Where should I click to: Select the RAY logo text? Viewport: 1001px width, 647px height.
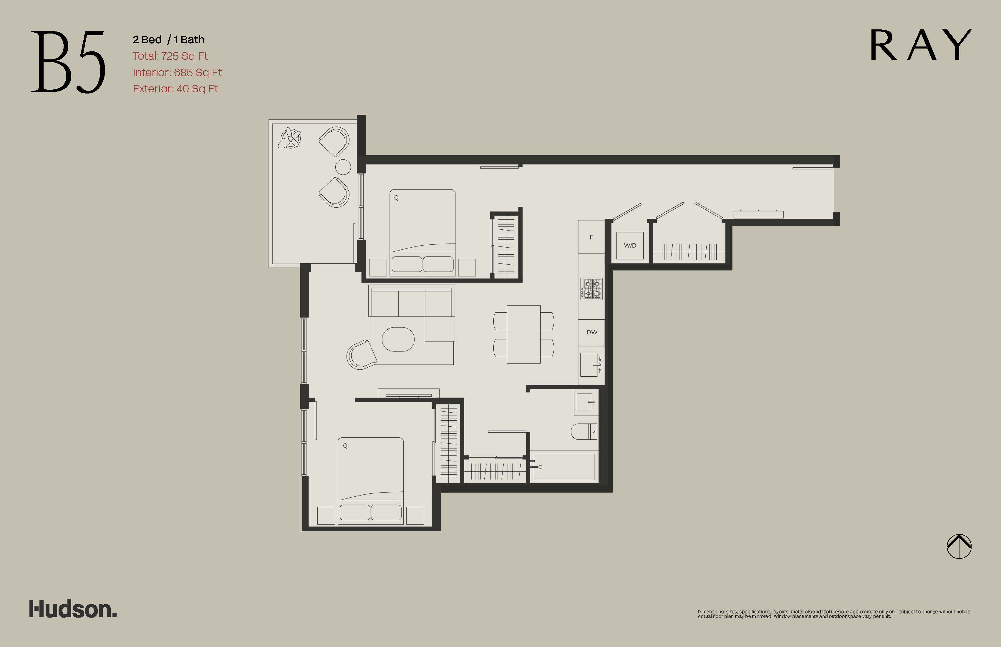921,45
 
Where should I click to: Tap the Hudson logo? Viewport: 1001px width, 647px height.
73,609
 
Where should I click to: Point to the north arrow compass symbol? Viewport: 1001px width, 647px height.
959,546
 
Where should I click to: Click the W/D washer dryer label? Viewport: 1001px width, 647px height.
630,245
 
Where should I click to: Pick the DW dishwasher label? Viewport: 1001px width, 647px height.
592,332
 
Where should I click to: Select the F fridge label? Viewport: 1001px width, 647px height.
591,237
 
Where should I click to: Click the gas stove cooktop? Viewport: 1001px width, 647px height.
591,289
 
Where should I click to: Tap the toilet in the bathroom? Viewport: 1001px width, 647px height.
584,431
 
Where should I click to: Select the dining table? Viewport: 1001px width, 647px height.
524,334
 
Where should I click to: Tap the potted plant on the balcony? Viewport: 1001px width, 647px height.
290,138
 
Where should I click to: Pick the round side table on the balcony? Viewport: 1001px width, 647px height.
343,167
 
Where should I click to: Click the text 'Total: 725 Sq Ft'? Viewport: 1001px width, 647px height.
170,56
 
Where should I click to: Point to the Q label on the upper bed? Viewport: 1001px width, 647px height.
396,197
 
